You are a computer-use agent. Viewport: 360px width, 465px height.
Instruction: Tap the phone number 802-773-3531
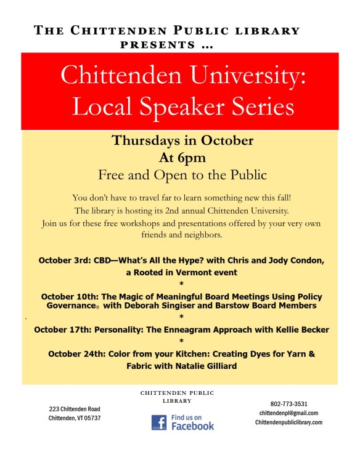[x=288, y=403]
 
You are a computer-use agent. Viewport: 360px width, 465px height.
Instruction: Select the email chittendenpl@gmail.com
[x=288, y=413]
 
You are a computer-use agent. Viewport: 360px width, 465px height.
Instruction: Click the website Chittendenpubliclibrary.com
[x=288, y=423]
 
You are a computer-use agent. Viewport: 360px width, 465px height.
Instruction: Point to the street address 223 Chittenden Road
[x=75, y=409]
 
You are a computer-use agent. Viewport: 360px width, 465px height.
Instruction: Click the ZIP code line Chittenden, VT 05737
[x=75, y=418]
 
